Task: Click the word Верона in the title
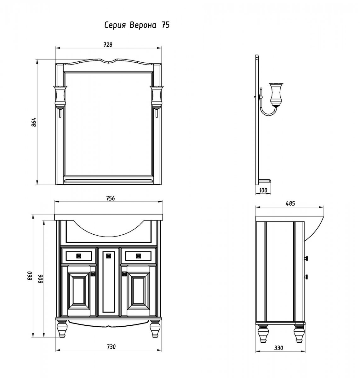[143, 26]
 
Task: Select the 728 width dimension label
[108, 45]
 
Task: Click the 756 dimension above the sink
[110, 198]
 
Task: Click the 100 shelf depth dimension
[263, 190]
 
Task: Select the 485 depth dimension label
[290, 203]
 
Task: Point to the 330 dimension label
[278, 348]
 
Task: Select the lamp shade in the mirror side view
[276, 94]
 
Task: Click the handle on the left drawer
[79, 256]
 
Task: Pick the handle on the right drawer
[138, 256]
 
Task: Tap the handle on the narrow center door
[109, 256]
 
